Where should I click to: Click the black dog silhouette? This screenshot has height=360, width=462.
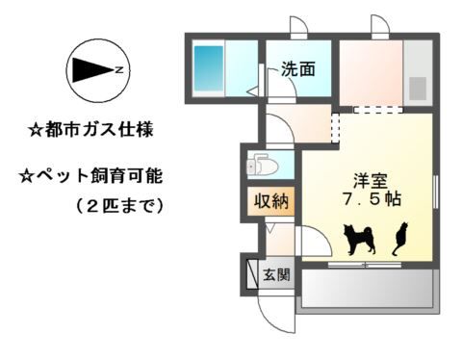tap(359, 240)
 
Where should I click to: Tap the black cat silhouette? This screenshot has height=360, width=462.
tap(400, 239)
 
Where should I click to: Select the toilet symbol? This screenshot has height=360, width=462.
tap(262, 165)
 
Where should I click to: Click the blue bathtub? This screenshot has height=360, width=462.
tap(209, 68)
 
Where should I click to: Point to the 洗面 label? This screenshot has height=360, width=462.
tap(298, 68)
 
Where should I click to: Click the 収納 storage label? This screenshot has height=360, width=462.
tap(271, 201)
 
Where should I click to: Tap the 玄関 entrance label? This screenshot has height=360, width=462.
tap(276, 274)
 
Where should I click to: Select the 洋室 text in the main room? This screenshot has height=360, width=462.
tap(371, 182)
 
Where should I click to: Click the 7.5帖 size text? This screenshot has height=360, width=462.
tap(372, 199)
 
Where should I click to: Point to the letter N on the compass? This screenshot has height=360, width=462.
tap(119, 69)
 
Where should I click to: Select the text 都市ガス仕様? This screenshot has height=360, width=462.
tap(99, 130)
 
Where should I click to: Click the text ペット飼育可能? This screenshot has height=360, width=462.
tap(99, 176)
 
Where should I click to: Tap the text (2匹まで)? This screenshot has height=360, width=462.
tap(120, 205)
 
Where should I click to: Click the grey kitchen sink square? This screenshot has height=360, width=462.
tap(418, 89)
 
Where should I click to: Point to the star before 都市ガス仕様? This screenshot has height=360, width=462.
tap(35, 131)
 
